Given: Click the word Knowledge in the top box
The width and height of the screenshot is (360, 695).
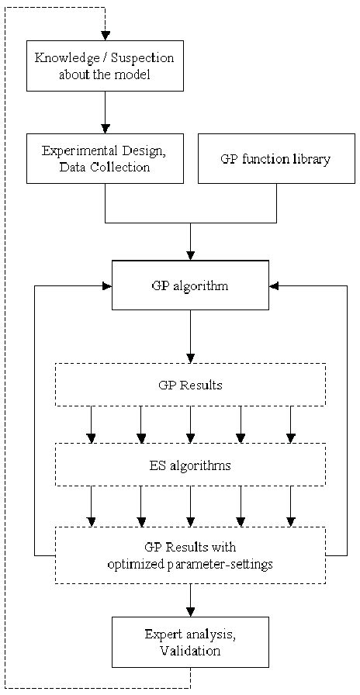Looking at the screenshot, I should (x=64, y=59).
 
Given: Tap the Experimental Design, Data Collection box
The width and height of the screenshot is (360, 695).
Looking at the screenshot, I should (x=105, y=158).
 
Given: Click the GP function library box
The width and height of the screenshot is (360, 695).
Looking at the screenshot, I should (x=276, y=159).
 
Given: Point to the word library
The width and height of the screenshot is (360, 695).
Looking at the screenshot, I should (x=311, y=159).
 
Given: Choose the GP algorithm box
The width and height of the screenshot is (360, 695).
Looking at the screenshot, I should (x=190, y=285).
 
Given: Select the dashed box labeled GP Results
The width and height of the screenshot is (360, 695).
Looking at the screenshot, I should (x=190, y=385).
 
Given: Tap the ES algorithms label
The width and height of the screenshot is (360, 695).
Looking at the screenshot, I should (x=190, y=465).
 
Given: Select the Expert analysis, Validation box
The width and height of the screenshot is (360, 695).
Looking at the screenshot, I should (x=190, y=642).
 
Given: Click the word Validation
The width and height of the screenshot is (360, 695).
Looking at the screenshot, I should (x=190, y=651).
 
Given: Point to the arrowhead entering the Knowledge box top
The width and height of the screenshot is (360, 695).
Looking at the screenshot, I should (x=105, y=36).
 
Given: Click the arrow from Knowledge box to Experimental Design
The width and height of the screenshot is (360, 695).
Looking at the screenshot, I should (x=105, y=112).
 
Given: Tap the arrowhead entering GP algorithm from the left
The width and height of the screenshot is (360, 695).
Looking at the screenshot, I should (x=107, y=285).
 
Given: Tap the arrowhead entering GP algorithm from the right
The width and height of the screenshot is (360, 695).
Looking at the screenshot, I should (x=274, y=285).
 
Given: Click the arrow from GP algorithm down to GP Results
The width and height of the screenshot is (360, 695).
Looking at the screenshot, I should (x=190, y=337).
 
